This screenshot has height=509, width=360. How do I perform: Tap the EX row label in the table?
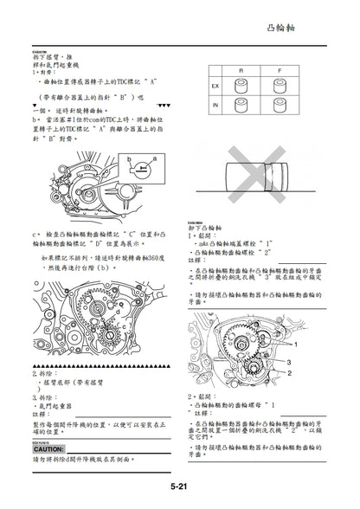[215, 87]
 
